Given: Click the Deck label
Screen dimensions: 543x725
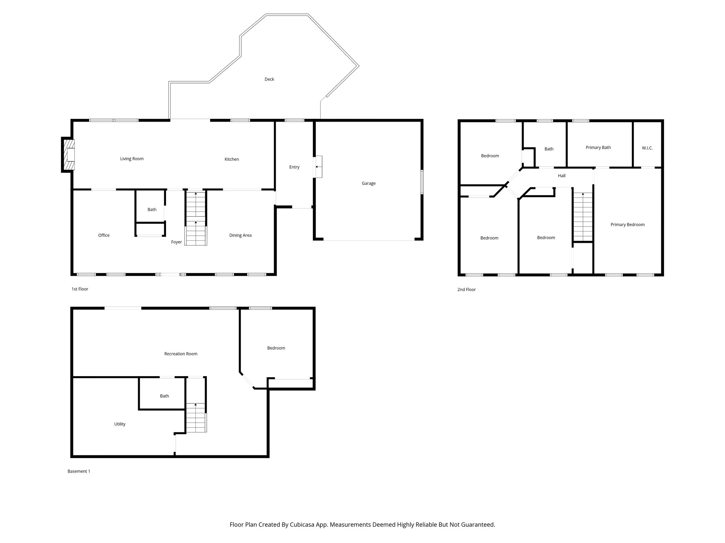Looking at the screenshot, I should point(269,79).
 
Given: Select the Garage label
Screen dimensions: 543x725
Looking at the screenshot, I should point(369,183).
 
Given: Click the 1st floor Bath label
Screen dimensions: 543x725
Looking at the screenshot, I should point(152,210).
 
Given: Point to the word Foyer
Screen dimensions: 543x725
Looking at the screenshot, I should point(176,242).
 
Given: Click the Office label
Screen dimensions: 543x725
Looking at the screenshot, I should point(104,235).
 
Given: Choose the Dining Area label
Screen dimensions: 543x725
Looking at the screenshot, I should point(240,235).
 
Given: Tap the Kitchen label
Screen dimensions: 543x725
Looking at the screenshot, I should point(232,159).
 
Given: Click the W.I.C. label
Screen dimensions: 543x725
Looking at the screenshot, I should point(647,148).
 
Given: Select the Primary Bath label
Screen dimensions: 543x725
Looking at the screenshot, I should point(598,147).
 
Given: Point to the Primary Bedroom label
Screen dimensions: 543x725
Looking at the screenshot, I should point(627,224).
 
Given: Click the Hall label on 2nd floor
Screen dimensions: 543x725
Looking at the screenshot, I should point(562,176).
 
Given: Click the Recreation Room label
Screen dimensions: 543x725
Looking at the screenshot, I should point(181,354).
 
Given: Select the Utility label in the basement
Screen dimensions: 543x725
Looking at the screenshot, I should point(120,424).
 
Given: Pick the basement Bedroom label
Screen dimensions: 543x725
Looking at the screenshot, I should point(276,348).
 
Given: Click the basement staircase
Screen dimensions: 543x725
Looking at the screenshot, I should point(196,418).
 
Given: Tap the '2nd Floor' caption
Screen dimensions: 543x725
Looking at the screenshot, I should point(466,290).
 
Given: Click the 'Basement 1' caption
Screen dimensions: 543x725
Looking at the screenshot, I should point(79,471).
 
